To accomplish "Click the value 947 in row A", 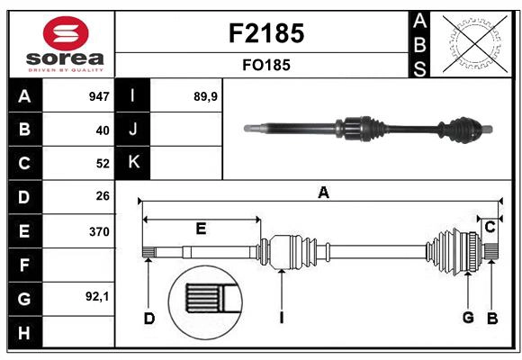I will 98,96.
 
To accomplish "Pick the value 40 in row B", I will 102,130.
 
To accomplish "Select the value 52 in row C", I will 102,164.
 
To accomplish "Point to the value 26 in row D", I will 102,196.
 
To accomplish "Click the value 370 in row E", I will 98,231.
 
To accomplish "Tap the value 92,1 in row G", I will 97,296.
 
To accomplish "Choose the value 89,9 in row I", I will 206,96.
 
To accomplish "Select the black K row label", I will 134,163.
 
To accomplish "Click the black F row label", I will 24,265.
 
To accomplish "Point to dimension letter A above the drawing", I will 323,192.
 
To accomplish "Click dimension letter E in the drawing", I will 201,229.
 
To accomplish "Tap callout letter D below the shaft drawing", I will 149,317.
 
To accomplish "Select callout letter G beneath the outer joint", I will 468,317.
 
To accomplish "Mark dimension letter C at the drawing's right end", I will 490,227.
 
